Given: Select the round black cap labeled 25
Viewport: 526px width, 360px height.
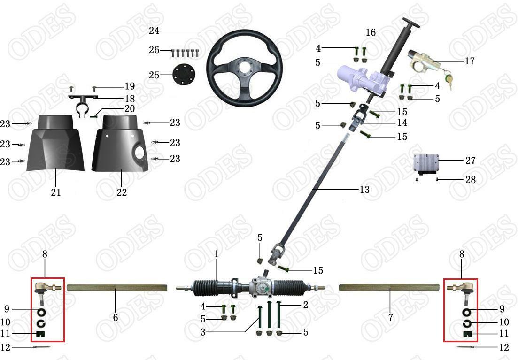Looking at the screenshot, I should [x=181, y=75].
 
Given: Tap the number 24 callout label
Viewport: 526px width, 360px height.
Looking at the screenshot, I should [x=154, y=31].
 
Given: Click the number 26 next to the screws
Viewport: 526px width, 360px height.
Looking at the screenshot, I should [x=154, y=50].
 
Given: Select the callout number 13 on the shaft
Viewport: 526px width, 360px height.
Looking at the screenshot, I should [x=364, y=190].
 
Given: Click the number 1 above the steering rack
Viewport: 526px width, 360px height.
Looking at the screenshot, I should [x=217, y=254].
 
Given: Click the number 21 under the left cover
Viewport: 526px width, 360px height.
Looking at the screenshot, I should [x=56, y=192].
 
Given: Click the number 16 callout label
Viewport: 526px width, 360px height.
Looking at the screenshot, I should [x=371, y=32].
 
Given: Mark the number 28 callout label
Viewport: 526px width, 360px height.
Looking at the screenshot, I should [x=471, y=180].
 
